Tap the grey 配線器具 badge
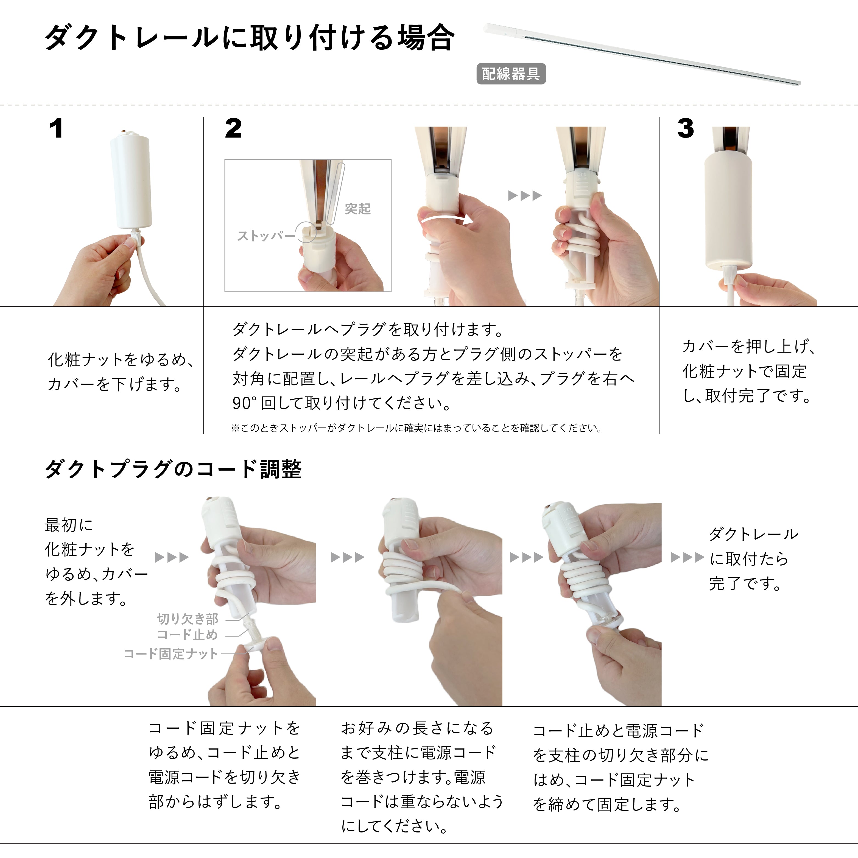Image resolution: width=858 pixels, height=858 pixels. pos(511,74)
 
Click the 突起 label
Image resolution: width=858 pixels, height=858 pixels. pos(357,209)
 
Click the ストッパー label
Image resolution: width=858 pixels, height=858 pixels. pos(265,236)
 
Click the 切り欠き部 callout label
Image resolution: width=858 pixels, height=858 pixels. pos(188,619)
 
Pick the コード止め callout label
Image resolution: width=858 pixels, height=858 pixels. pos(188,635)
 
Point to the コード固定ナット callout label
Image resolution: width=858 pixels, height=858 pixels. pos(171,654)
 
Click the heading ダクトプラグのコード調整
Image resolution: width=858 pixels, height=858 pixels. pos(173,469)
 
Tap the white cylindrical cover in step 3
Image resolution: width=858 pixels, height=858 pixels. pos(728,213)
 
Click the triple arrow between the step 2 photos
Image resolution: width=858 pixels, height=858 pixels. pos(525,195)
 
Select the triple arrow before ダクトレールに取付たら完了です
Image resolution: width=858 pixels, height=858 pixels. pos(687,557)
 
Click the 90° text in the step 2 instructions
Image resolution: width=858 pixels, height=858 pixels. pos(244,403)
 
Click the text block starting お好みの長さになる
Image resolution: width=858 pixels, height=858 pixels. pos(422,777)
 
